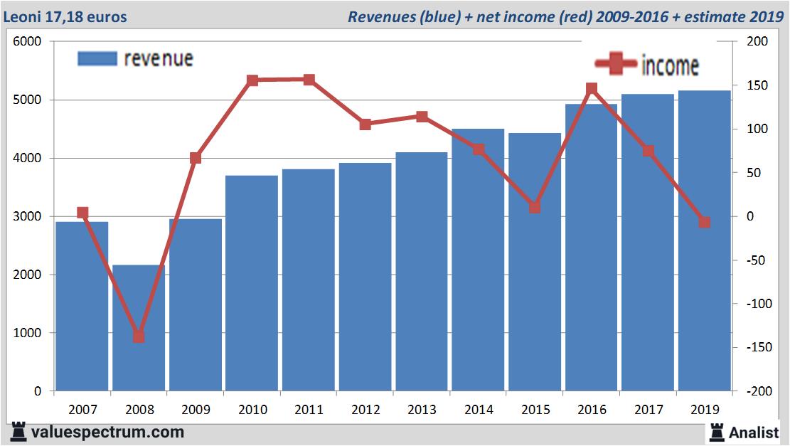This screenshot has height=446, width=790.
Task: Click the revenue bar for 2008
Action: click(139, 327)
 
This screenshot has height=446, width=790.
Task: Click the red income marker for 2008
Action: click(139, 336)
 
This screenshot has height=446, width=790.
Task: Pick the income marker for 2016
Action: click(592, 89)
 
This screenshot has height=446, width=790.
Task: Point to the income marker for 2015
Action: click(535, 208)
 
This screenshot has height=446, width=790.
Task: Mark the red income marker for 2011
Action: click(309, 80)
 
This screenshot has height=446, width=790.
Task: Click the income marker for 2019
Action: click(704, 222)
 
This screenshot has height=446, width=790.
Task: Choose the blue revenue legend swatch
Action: click(97, 58)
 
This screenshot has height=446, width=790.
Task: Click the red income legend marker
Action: click(616, 65)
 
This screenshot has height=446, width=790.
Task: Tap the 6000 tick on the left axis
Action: click(28, 42)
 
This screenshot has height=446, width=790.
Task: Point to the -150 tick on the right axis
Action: click(754, 347)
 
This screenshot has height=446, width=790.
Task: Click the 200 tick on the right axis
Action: click(758, 42)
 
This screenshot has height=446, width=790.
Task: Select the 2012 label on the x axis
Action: click(365, 410)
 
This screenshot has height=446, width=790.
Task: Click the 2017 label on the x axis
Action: click(648, 410)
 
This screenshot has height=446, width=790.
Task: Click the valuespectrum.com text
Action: click(107, 432)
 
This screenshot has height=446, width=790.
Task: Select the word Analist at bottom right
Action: click(754, 432)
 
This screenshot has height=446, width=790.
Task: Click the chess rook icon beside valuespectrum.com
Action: click(17, 432)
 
